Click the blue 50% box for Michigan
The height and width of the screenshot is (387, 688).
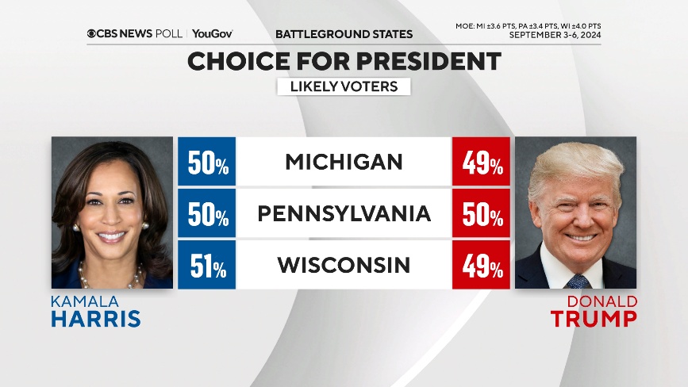point(207,162)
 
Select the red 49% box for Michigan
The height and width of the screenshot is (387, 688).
point(482,162)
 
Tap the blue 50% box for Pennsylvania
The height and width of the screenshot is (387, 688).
point(207,213)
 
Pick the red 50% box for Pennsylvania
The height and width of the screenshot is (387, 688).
point(482,213)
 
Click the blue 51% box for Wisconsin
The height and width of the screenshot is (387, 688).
point(207,265)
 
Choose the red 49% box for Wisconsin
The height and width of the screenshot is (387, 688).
point(482,265)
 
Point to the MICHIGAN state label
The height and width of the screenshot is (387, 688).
point(344,162)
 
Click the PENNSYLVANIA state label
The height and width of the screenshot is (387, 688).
point(344,213)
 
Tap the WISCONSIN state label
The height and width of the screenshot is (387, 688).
point(344,265)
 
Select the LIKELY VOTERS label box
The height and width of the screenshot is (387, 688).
point(344,86)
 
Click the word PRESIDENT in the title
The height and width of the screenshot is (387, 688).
point(413,62)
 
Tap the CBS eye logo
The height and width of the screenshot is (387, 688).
point(92,34)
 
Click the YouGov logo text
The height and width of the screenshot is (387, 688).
point(213,34)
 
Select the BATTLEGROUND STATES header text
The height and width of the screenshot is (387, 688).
point(344,34)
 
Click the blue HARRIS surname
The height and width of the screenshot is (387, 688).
point(96,319)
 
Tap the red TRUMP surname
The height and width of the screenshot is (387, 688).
point(594,319)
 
